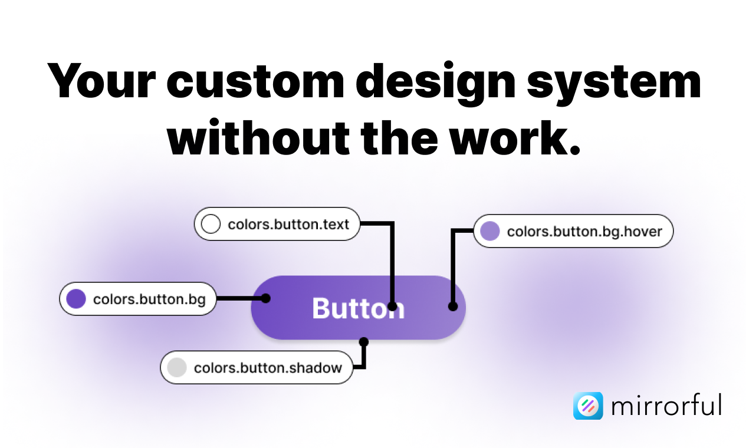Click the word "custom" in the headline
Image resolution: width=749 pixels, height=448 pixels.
click(x=255, y=82)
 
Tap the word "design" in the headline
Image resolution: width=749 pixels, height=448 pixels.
click(x=436, y=84)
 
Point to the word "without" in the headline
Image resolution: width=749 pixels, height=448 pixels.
click(x=258, y=138)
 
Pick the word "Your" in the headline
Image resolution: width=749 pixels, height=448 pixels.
click(x=101, y=81)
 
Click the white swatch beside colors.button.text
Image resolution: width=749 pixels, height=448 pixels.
click(x=211, y=223)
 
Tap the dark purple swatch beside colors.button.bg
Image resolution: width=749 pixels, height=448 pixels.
click(x=76, y=298)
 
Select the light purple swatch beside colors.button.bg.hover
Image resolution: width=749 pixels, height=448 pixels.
click(x=490, y=230)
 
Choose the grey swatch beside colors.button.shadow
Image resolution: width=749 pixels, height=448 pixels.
click(x=176, y=367)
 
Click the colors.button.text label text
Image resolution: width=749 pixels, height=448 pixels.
click(x=288, y=225)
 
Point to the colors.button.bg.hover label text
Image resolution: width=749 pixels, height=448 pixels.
click(x=584, y=232)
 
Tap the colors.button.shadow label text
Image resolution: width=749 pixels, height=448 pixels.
click(x=268, y=368)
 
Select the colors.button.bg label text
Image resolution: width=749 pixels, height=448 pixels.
click(x=149, y=299)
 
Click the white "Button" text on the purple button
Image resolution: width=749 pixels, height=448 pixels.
click(x=358, y=308)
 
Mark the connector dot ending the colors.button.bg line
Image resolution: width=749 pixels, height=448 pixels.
click(x=266, y=298)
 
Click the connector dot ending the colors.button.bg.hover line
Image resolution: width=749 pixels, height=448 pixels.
click(x=453, y=307)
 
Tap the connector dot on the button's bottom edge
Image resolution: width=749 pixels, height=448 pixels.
click(x=364, y=342)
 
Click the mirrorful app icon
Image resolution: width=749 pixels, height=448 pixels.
click(x=588, y=406)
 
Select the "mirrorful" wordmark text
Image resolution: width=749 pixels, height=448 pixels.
click(x=666, y=404)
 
